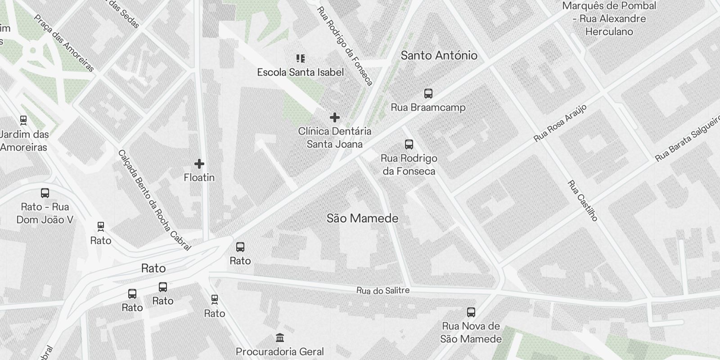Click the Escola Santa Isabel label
pyautogui.click(x=300, y=72)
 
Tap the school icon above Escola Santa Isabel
pyautogui.click(x=300, y=58)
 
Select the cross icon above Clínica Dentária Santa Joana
pyautogui.click(x=334, y=117)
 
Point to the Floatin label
pyautogui.click(x=199, y=178)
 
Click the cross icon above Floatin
pyautogui.click(x=199, y=164)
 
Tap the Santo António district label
pyautogui.click(x=439, y=55)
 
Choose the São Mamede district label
pyautogui.click(x=362, y=218)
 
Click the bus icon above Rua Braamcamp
pyautogui.click(x=428, y=94)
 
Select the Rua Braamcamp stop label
pyautogui.click(x=428, y=108)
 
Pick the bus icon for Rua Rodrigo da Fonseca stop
pyautogui.click(x=409, y=144)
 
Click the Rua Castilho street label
pyautogui.click(x=582, y=201)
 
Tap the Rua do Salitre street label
pyautogui.click(x=383, y=291)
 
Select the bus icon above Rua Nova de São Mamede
pyautogui.click(x=471, y=312)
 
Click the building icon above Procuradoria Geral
pyautogui.click(x=279, y=337)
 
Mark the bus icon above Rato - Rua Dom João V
pyautogui.click(x=45, y=193)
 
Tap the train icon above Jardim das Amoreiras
pyautogui.click(x=23, y=120)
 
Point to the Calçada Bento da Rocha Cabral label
pyautogui.click(x=154, y=200)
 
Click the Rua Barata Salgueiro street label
pyautogui.click(x=688, y=141)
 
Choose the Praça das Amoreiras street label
pyautogui.click(x=64, y=43)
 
